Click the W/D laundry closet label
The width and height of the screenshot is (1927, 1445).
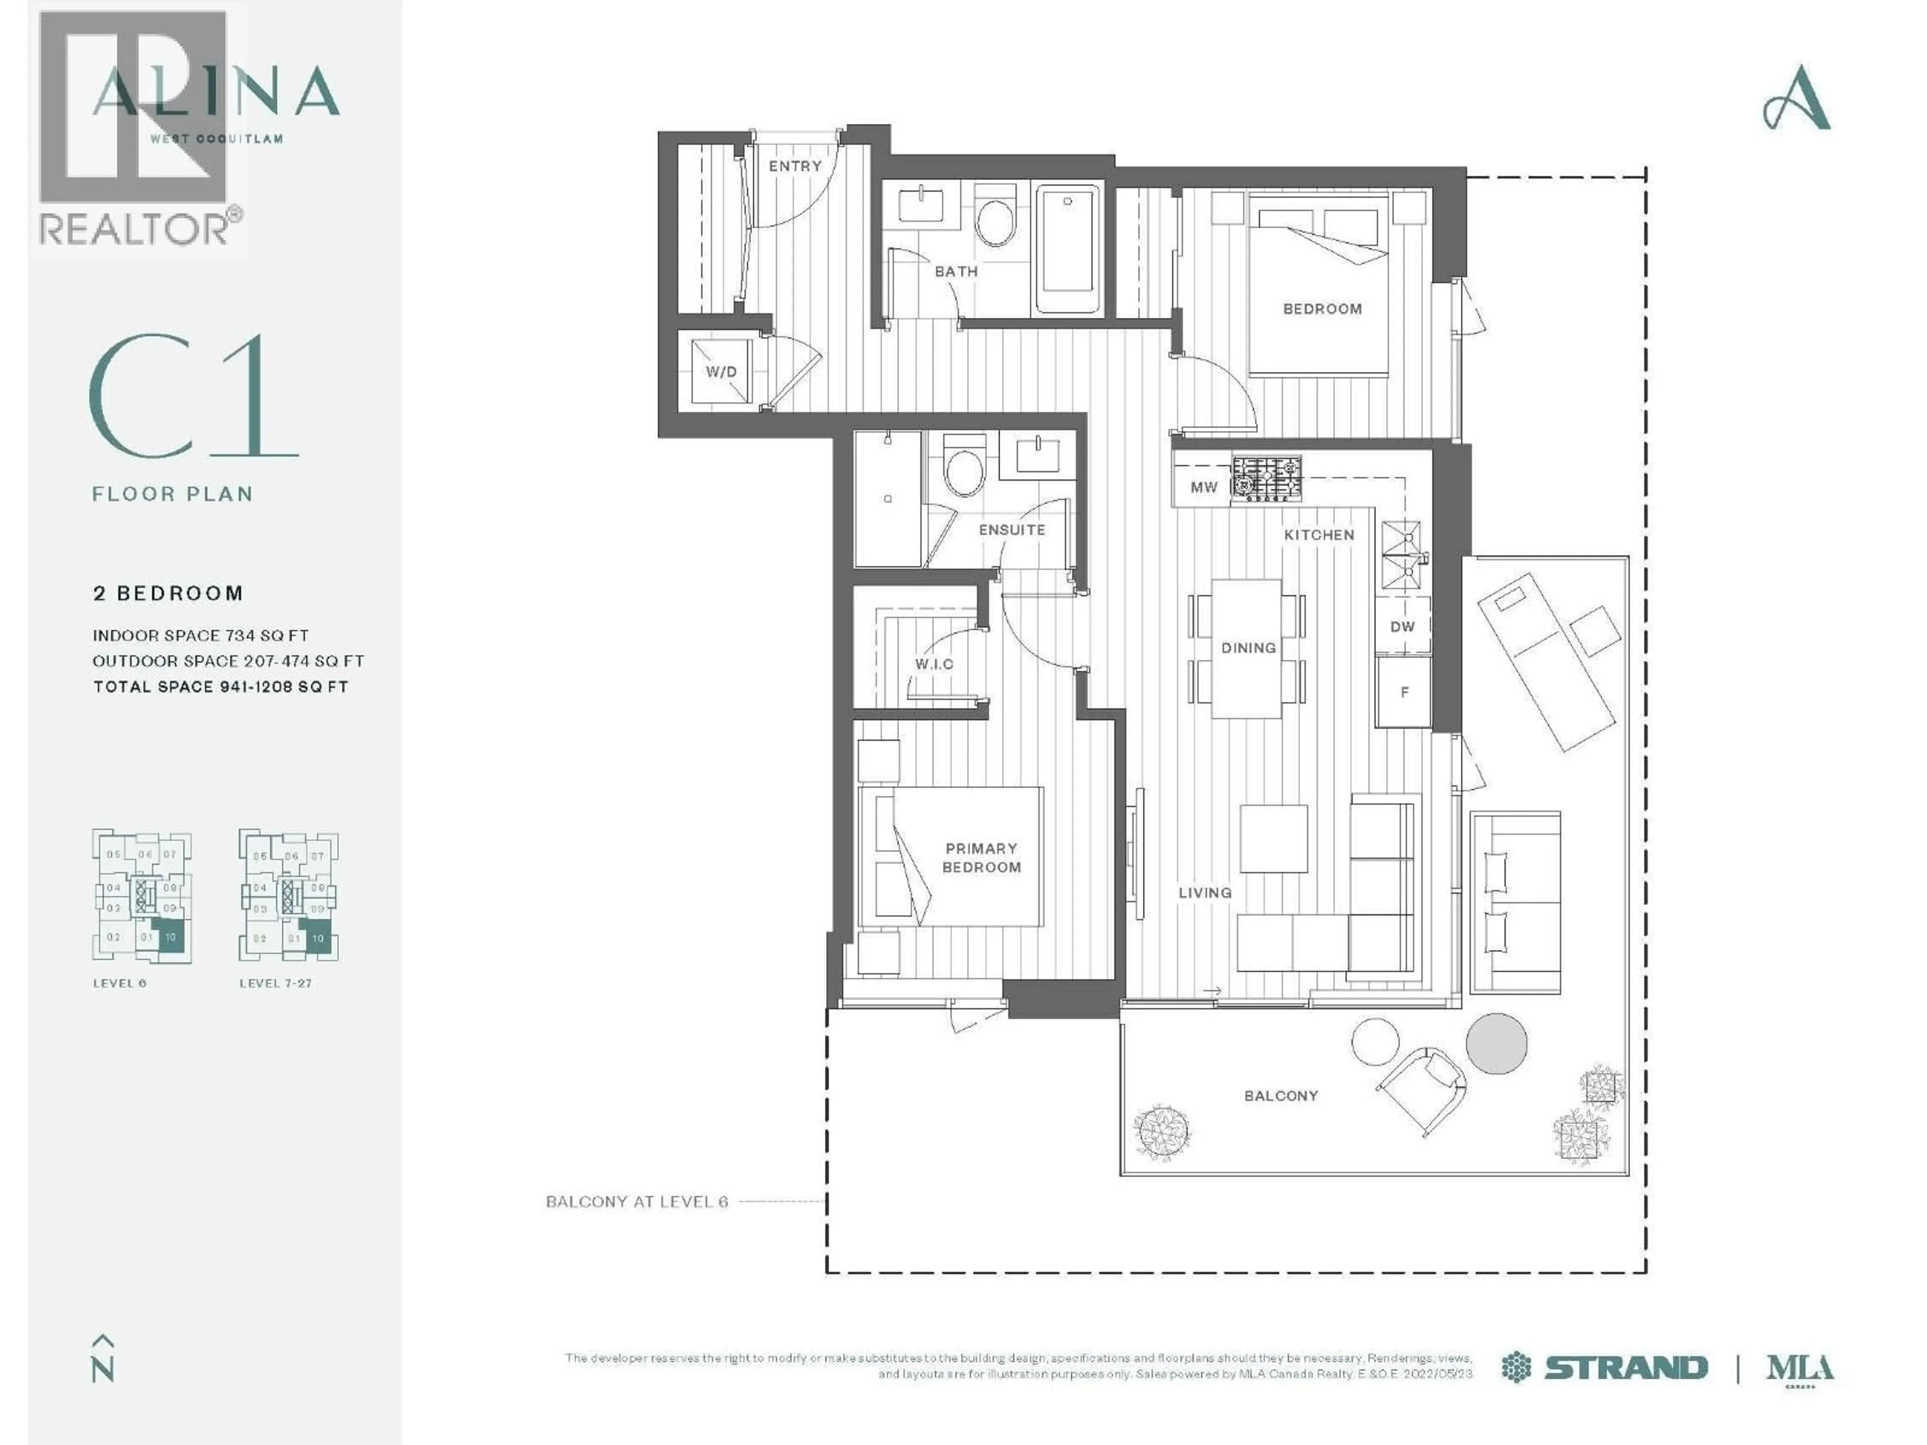point(721,372)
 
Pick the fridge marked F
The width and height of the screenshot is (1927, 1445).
point(1404,692)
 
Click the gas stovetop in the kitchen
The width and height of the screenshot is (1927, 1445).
point(1266,479)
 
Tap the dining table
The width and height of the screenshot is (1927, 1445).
point(1247,648)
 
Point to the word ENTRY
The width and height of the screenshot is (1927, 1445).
point(794,166)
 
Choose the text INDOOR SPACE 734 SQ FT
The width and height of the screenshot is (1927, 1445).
point(200,636)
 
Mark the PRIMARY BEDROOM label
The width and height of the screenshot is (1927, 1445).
point(981,857)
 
